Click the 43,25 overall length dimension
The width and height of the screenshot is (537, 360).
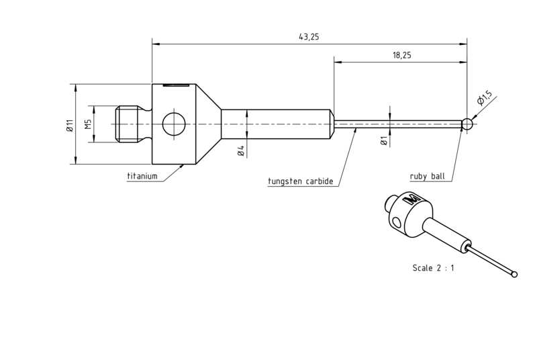click(x=309, y=37)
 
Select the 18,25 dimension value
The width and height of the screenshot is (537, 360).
click(x=402, y=55)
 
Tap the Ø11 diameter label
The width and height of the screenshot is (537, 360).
click(x=70, y=125)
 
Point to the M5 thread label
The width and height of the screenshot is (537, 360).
click(x=89, y=124)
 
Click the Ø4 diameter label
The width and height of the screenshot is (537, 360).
click(x=241, y=151)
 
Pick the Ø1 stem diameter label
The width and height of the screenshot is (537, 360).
click(x=384, y=141)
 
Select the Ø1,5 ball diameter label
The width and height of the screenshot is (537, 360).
click(x=484, y=98)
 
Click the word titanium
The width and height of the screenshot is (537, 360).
click(x=142, y=177)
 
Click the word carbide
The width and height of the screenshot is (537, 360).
click(x=320, y=181)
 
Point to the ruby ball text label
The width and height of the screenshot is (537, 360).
click(x=428, y=177)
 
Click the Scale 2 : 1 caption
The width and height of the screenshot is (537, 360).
click(x=433, y=268)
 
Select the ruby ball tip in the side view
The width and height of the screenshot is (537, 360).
click(x=467, y=124)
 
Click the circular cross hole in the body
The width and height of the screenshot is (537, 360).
click(x=174, y=124)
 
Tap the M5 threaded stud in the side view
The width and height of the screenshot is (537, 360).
click(x=128, y=124)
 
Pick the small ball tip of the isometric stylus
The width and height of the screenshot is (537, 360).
click(x=514, y=274)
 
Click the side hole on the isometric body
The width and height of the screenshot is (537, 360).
click(x=397, y=223)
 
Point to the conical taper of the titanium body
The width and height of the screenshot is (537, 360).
click(x=208, y=124)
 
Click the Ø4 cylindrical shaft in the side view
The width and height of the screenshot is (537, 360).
click(x=276, y=124)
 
